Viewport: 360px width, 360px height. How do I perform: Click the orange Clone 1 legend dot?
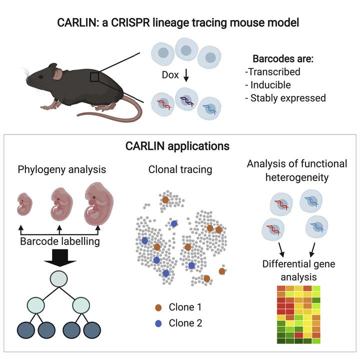click(158, 307)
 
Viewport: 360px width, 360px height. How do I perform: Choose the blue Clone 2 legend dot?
click(158, 323)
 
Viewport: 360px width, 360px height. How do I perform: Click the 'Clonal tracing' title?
click(180, 169)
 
